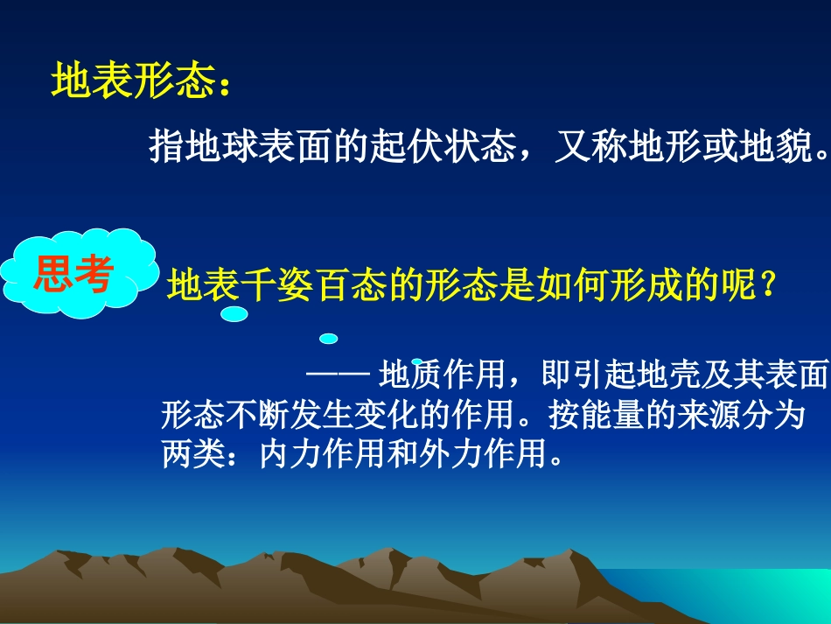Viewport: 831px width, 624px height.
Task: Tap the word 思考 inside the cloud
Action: [73, 275]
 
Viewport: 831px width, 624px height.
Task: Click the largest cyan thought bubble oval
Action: [234, 314]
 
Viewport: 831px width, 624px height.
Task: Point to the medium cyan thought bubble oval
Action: [329, 338]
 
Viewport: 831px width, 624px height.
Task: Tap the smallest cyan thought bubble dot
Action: [417, 361]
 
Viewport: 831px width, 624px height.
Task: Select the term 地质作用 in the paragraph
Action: [443, 375]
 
